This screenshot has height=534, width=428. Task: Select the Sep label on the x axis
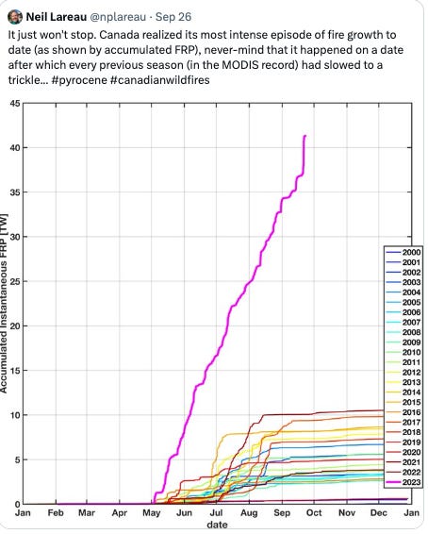pos(282,515)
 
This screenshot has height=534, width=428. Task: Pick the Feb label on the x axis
pos(56,515)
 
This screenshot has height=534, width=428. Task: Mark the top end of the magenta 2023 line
pos(305,136)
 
